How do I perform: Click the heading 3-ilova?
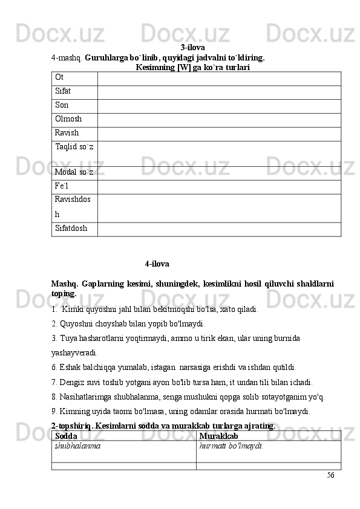point(192,47)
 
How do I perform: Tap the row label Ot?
point(59,77)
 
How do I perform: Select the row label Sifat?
point(63,91)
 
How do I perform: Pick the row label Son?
point(62,105)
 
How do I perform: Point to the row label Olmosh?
point(68,119)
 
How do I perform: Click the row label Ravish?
point(67,133)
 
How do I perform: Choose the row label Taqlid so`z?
point(74,148)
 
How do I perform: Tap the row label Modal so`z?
point(74,173)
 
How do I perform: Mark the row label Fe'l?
point(62,187)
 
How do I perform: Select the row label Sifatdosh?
point(71,229)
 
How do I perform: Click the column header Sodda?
point(65,436)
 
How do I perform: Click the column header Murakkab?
point(218,436)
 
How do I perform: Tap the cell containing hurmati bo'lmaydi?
point(231,446)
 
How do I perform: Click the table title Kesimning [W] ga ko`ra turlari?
point(193,68)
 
